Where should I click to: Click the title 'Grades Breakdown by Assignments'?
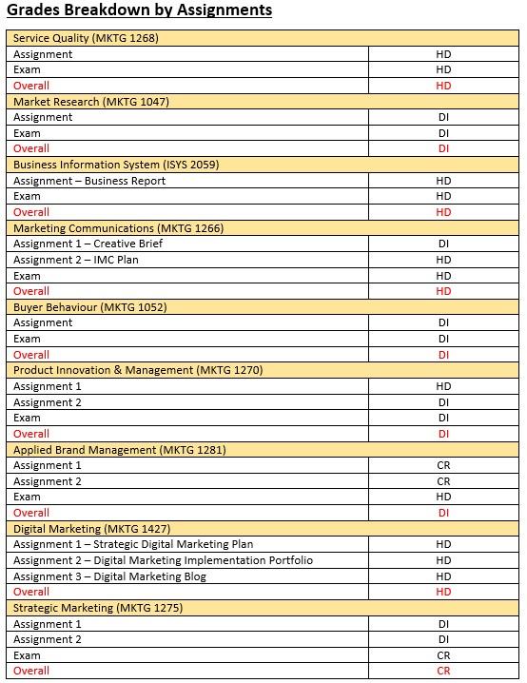click(x=139, y=10)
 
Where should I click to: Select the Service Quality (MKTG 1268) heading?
click(x=86, y=38)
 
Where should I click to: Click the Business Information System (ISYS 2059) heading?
click(x=116, y=165)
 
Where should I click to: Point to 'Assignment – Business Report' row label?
click(x=89, y=181)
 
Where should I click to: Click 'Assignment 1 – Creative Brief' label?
click(x=87, y=244)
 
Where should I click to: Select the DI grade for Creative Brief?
click(x=443, y=244)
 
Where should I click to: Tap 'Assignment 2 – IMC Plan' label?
click(x=76, y=260)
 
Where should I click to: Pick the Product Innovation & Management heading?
click(x=138, y=370)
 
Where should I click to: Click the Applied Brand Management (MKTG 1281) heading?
click(x=120, y=450)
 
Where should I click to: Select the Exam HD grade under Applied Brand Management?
click(x=443, y=497)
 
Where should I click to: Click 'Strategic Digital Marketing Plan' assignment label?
click(x=133, y=544)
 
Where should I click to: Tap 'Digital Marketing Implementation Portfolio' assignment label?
click(x=163, y=560)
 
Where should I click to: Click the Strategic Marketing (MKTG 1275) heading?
click(x=98, y=608)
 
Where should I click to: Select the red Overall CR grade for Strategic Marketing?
click(x=443, y=671)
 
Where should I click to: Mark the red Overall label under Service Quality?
click(x=31, y=86)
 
